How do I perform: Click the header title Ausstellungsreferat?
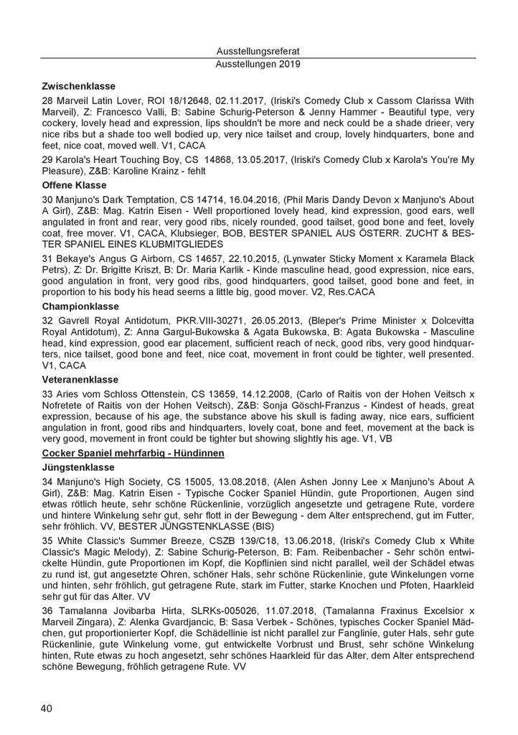(258, 51)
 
